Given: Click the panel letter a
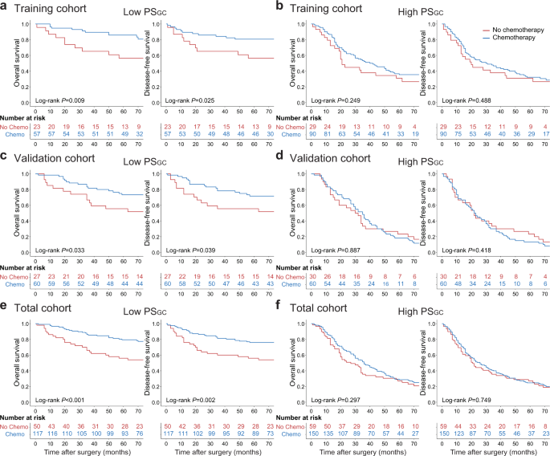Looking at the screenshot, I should pyautogui.click(x=5, y=7).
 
